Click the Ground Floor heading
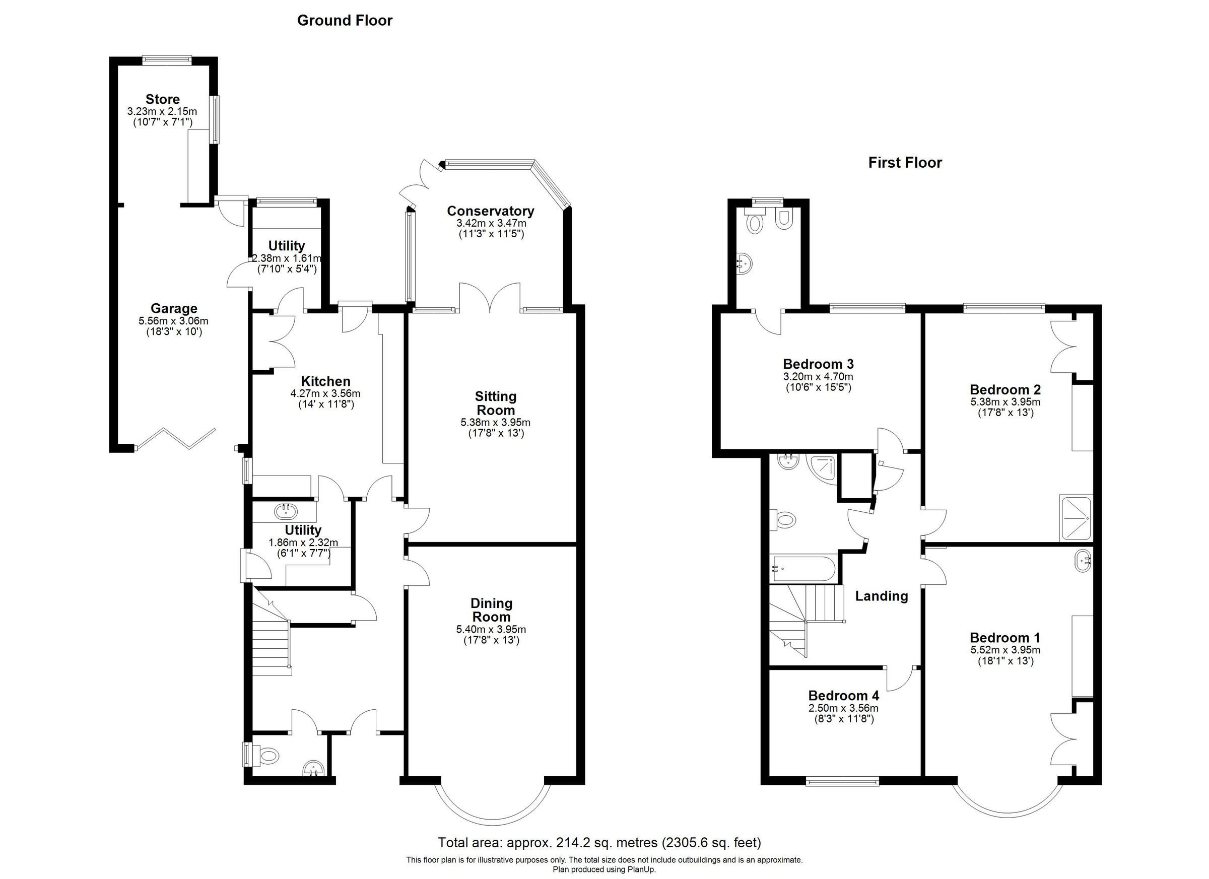[345, 20]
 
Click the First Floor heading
[905, 163]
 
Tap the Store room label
[163, 99]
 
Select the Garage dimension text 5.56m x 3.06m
[173, 321]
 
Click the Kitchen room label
[326, 381]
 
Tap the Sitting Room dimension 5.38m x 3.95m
[495, 423]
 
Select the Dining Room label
[491, 610]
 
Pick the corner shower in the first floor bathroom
[822, 467]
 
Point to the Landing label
[881, 596]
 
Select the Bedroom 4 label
[843, 696]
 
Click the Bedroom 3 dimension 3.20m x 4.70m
[818, 376]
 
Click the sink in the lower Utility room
[286, 512]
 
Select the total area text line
[599, 843]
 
